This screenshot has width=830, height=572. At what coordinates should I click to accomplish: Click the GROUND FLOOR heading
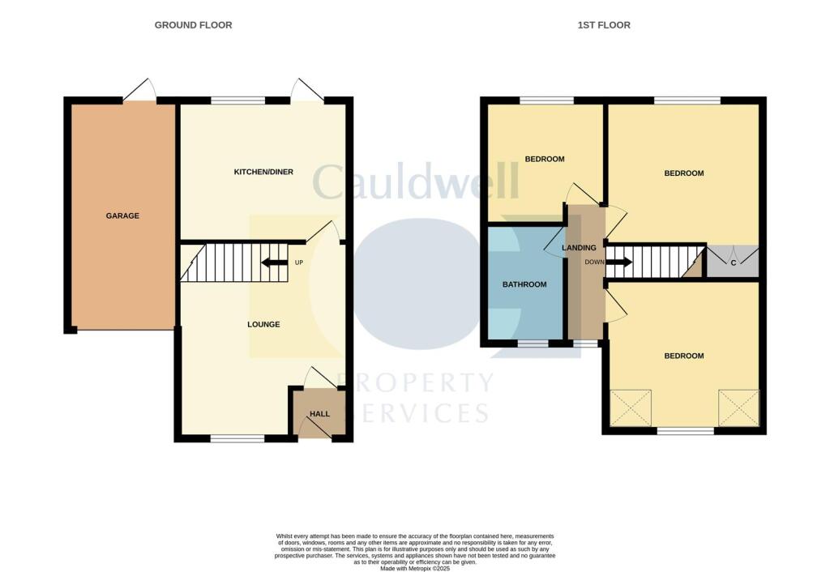pos(193,25)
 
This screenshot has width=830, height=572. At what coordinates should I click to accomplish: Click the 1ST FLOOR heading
pos(604,25)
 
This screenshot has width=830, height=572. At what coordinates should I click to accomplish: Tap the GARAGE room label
pos(122,216)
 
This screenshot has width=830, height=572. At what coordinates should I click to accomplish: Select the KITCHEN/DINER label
pos(263,172)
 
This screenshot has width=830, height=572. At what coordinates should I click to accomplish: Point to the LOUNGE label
pos(263,324)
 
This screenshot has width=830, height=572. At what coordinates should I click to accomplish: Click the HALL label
pos(319,414)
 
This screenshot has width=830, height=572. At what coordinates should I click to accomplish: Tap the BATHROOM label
pos(524,284)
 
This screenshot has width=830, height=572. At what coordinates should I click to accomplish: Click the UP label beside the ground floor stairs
pos(298,263)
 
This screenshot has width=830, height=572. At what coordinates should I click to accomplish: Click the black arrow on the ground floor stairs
pos(274,263)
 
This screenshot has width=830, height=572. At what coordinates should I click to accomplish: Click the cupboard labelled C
pos(733,263)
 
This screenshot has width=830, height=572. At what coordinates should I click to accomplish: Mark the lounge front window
pos(237,438)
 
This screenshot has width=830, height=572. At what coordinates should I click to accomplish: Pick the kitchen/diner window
pos(237,101)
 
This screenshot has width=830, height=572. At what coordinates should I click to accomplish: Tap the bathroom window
pos(532,344)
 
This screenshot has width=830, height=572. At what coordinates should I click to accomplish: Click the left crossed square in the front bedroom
pos(631,408)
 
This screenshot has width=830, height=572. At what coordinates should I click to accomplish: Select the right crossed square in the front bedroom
pos(738,408)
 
